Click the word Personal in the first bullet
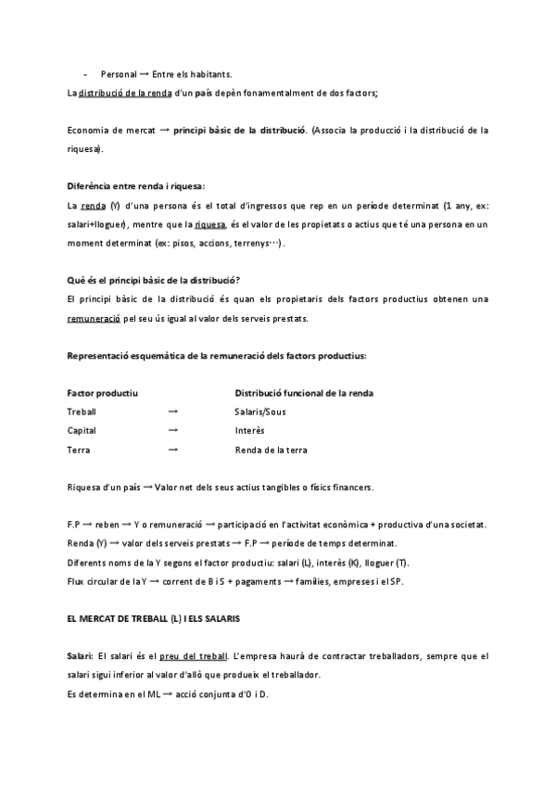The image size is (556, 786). [116, 73]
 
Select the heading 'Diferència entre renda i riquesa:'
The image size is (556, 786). [136, 184]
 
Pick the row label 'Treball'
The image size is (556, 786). [82, 412]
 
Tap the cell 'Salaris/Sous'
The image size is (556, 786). [261, 412]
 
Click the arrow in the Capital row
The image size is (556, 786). [173, 431]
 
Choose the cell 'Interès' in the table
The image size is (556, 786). [250, 431]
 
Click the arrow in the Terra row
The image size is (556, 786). [173, 450]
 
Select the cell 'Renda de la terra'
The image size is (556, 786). [271, 450]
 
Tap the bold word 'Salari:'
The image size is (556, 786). [82, 655]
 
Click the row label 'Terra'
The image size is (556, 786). [79, 450]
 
